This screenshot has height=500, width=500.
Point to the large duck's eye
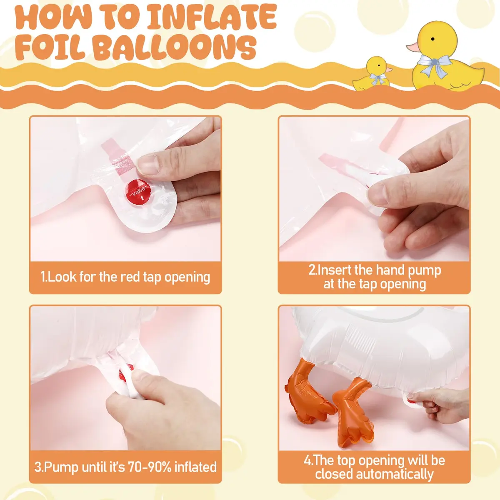[432, 39]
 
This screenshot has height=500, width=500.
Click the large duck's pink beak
[413, 47]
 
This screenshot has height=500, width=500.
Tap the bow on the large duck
[433, 64]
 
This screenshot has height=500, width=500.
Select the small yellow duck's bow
[377, 77]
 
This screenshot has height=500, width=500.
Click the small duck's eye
[379, 65]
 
